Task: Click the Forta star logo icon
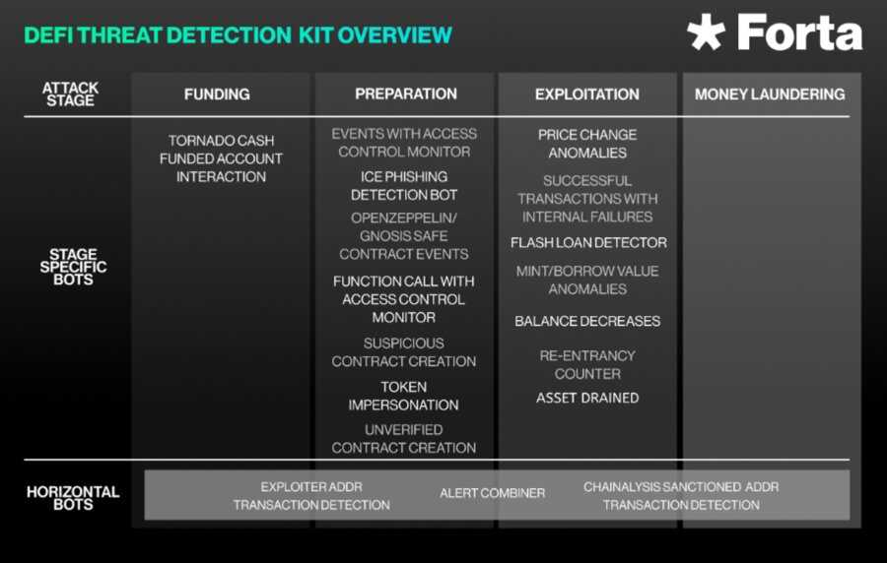(x=707, y=32)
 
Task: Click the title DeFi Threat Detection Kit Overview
(x=238, y=34)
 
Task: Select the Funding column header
(x=217, y=94)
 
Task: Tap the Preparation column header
(x=406, y=94)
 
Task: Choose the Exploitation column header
(x=587, y=94)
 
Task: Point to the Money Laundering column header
(x=770, y=94)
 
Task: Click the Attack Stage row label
(x=70, y=94)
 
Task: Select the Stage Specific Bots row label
(x=73, y=268)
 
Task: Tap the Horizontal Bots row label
(x=73, y=497)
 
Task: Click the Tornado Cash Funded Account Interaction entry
(x=221, y=158)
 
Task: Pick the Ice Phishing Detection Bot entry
(x=404, y=186)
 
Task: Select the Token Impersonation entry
(x=404, y=396)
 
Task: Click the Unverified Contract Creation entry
(x=404, y=439)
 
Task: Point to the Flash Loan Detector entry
(x=588, y=243)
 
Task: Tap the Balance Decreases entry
(x=587, y=321)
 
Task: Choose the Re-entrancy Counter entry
(x=587, y=364)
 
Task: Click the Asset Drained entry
(x=587, y=398)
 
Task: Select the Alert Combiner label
(x=492, y=493)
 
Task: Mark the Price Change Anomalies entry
(x=587, y=144)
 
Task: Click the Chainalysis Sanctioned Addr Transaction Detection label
(x=681, y=496)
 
